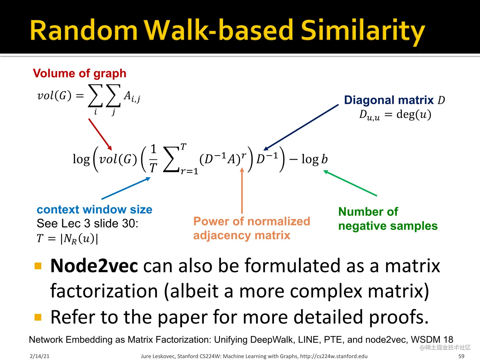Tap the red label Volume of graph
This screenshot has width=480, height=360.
(80, 73)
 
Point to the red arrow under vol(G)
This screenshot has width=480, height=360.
(100, 134)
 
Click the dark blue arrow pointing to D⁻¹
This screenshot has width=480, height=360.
(301, 127)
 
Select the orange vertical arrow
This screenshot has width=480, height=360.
(242, 190)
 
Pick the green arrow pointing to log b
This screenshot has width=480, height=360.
(350, 183)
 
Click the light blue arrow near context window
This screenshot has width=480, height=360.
(126, 188)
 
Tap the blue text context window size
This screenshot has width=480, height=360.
(95, 210)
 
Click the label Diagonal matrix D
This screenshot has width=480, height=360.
(395, 100)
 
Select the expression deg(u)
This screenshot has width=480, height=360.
(414, 114)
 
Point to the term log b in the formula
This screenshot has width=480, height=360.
(315, 159)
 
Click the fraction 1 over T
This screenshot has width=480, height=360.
(153, 158)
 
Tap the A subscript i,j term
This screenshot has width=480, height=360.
(132, 97)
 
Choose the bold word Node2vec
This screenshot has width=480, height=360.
(94, 266)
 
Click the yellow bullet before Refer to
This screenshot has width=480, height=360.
(38, 317)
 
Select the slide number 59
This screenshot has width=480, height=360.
(461, 356)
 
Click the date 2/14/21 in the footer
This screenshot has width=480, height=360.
(40, 356)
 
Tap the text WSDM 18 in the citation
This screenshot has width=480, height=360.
(432, 339)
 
